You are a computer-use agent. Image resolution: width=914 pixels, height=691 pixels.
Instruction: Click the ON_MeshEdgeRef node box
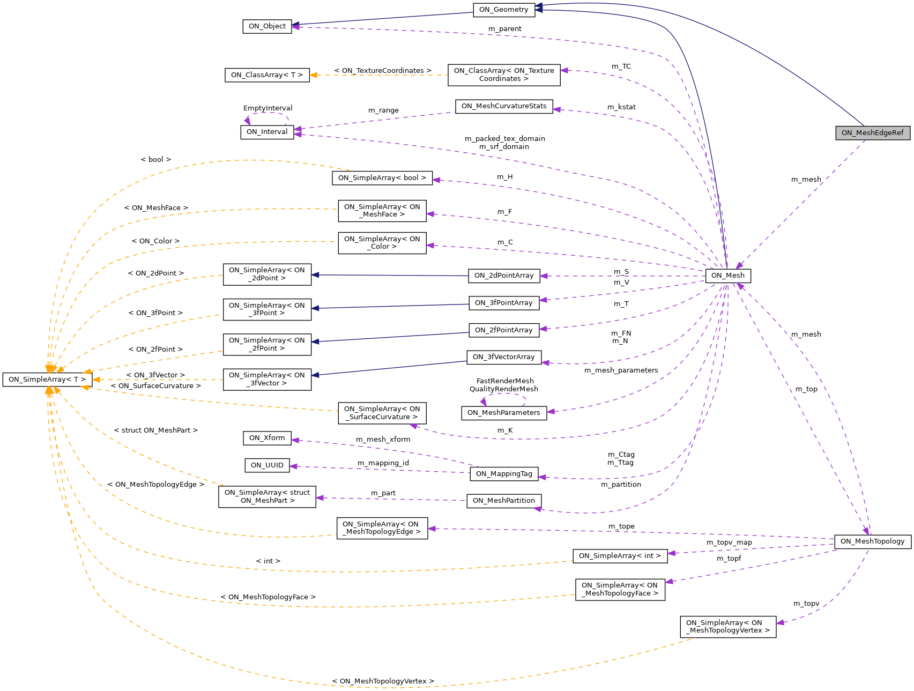tap(872, 133)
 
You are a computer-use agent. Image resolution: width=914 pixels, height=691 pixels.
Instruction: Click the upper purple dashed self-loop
tap(268, 113)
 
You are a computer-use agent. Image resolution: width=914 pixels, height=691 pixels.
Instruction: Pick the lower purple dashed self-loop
tap(504, 394)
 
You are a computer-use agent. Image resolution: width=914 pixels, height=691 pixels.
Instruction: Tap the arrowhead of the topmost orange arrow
tap(313, 75)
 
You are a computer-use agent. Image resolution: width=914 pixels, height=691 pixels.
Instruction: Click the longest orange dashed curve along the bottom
tap(375, 687)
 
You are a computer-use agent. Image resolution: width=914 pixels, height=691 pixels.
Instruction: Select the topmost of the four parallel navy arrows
tap(391, 276)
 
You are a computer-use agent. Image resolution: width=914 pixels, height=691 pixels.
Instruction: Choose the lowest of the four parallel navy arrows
tap(391, 368)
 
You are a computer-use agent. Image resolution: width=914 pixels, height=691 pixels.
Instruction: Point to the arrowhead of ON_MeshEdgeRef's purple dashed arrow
tap(739, 266)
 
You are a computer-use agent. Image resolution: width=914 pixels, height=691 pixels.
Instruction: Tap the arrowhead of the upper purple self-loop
tap(247, 121)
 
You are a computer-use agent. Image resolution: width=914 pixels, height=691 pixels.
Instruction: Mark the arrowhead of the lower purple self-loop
tap(484, 402)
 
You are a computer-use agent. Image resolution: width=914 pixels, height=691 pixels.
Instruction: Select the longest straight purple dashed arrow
tap(633, 533)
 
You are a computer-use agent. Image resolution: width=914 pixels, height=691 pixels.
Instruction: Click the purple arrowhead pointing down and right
tap(865, 531)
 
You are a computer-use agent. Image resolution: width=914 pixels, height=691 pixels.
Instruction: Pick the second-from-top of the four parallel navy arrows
tap(391, 306)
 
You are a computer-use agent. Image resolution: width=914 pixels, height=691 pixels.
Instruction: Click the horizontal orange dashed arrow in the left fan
tap(161, 380)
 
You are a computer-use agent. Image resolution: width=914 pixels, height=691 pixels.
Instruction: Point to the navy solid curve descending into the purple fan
tap(697, 107)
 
